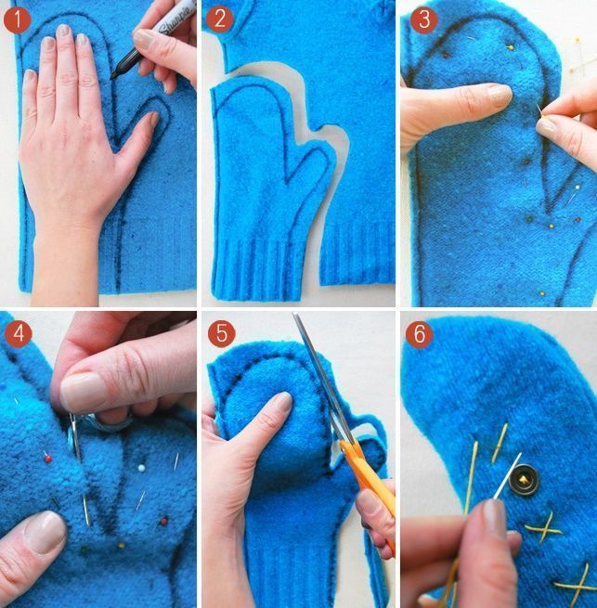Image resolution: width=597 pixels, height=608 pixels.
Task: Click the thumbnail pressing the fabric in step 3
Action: (500, 95)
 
